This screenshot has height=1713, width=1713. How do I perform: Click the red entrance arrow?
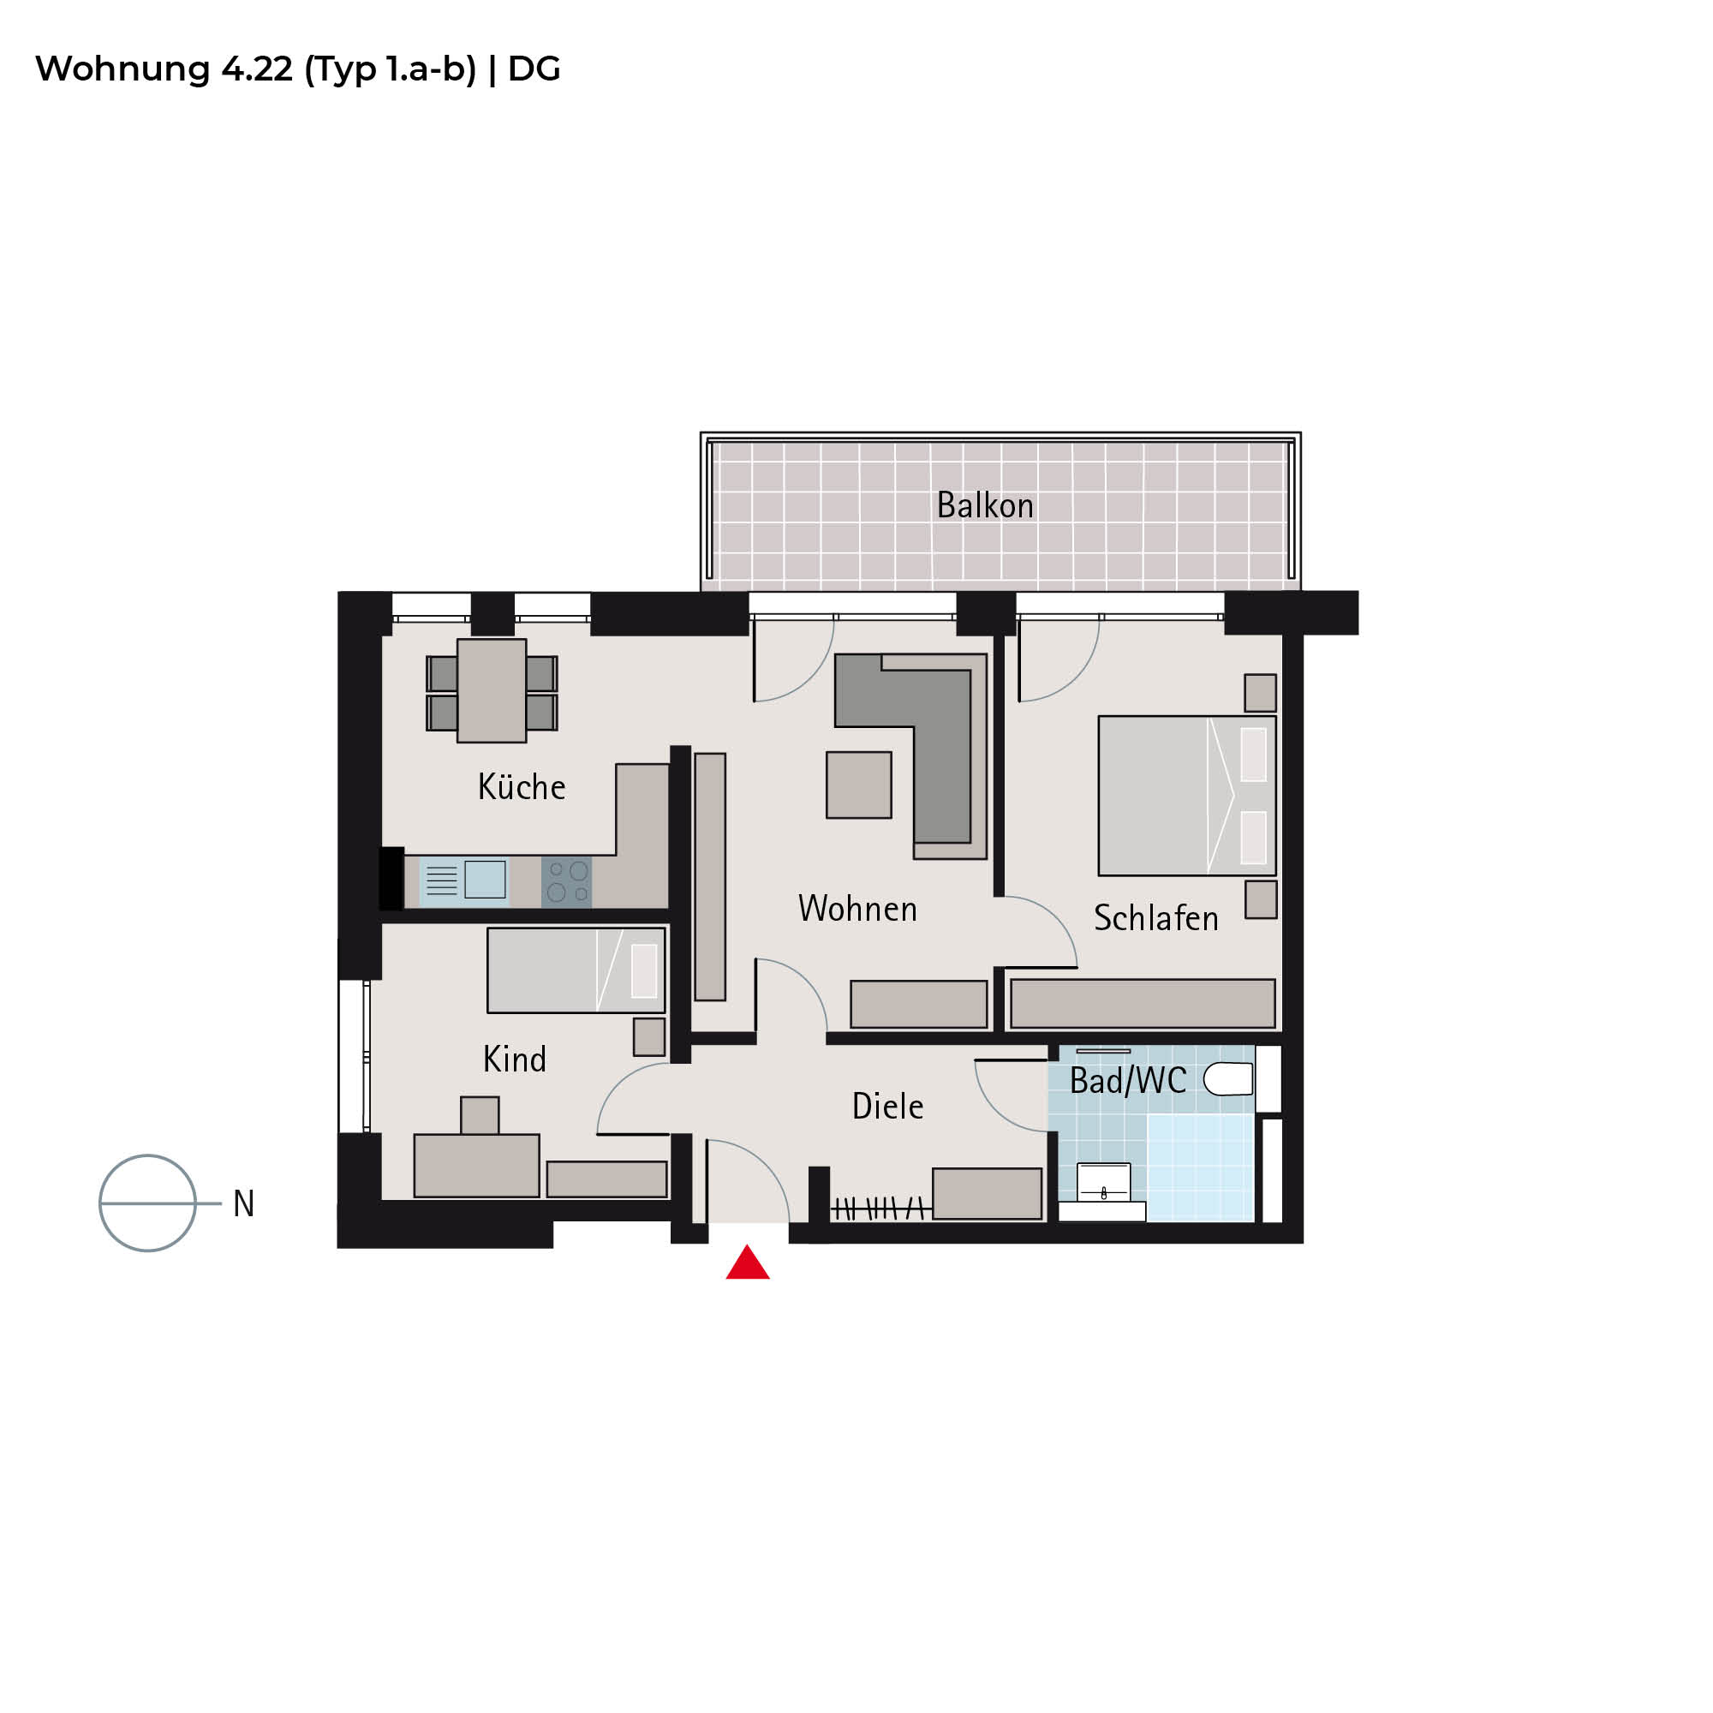748,1263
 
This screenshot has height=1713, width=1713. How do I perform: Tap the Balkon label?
985,505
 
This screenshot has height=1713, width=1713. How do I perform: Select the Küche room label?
522,786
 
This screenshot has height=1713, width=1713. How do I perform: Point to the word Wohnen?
857,909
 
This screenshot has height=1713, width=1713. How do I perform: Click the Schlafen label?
1156,917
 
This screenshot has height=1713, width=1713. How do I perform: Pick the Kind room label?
514,1059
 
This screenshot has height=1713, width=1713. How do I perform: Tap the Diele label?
887,1106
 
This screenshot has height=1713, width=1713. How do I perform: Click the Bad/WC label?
1128,1080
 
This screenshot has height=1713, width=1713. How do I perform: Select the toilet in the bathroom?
1228,1078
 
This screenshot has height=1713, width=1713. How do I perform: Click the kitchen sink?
463,880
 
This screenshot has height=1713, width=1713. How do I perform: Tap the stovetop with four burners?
566,881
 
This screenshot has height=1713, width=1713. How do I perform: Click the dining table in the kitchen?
491,690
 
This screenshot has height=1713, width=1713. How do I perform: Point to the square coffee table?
859,785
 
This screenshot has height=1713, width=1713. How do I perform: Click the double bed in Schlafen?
1187,796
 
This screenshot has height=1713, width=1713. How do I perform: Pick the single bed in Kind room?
576,970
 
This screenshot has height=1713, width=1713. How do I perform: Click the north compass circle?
147,1203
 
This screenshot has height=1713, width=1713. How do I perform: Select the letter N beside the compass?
244,1203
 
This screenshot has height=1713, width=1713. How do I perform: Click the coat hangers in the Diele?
880,1208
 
